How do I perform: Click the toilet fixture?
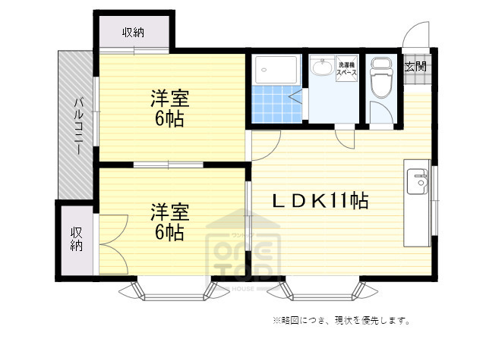pos(379,79)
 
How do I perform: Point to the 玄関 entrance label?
pos(415,67)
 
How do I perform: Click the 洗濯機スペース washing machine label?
pos(347,68)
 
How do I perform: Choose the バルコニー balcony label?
pos(77,125)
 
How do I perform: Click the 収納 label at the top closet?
pos(134,32)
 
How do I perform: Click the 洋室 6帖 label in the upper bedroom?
pos(169,108)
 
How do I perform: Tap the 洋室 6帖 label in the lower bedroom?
pos(169,221)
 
